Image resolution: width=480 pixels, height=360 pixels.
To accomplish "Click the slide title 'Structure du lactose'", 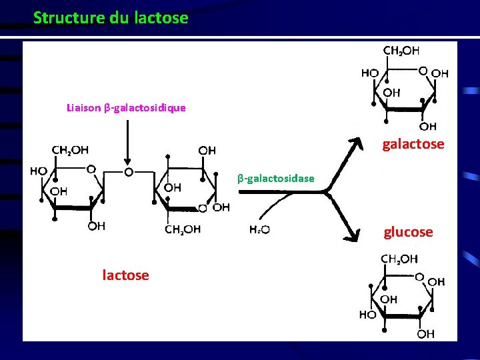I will point(111,18).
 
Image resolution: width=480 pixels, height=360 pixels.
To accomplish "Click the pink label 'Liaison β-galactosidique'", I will point(126,107).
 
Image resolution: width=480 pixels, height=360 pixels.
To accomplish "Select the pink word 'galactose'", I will point(413,144).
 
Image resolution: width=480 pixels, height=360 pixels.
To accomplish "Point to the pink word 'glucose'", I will point(408,232).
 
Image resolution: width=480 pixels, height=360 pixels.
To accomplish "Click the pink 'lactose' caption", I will point(125,275).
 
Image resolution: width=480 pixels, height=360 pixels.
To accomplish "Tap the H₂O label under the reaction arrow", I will point(259,230).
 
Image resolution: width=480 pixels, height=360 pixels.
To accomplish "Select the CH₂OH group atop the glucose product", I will point(399,259).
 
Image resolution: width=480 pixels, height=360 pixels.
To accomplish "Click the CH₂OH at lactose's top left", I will point(70,149).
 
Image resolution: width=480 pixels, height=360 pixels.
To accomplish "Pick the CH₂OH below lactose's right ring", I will point(183,230).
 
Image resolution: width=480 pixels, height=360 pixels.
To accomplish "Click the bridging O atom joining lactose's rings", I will point(129,171).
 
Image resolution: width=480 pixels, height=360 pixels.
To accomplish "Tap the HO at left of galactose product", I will point(371,73).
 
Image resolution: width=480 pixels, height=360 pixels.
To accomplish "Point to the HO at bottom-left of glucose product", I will point(367,313).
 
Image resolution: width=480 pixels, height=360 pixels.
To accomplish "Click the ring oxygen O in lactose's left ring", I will point(91,169).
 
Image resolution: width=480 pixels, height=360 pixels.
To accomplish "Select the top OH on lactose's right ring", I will point(207,150).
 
